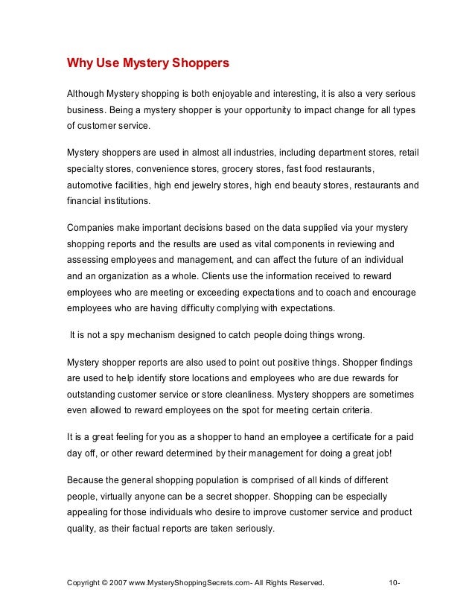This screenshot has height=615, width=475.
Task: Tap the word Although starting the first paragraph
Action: [87, 95]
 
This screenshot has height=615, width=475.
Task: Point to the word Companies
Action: [92, 228]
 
